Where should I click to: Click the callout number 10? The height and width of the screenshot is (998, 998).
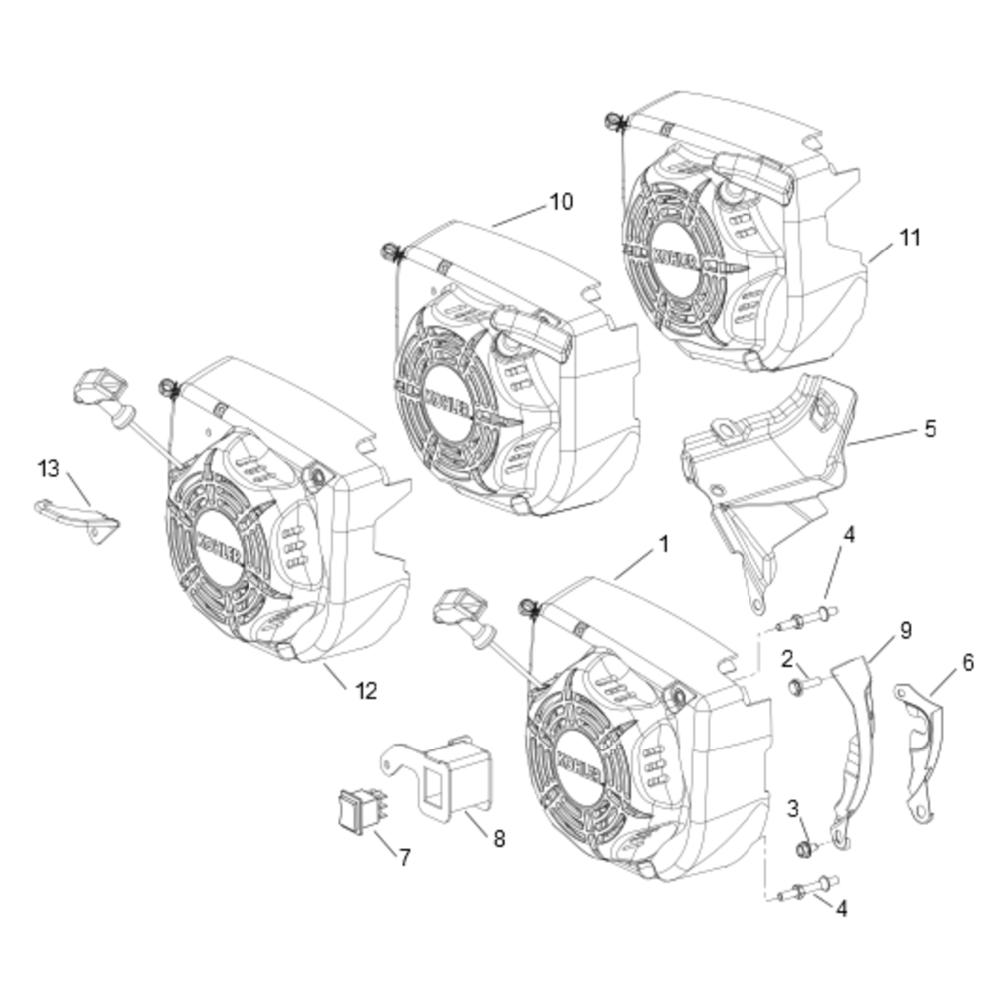point(561,202)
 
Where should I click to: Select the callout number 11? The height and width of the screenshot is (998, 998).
point(909,238)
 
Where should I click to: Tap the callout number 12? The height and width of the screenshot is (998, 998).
point(366,690)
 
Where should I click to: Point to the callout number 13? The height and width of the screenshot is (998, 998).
point(49,468)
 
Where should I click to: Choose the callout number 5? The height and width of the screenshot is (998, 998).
point(930,430)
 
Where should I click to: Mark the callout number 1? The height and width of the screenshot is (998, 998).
point(661,545)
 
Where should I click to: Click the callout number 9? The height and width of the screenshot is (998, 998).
point(905,631)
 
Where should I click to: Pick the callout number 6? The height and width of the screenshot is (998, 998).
point(967,662)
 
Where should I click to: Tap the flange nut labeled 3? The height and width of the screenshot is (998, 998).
point(799,849)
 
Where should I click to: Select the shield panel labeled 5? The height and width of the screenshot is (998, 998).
point(768,479)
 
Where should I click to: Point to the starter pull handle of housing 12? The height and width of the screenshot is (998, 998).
point(98,387)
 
